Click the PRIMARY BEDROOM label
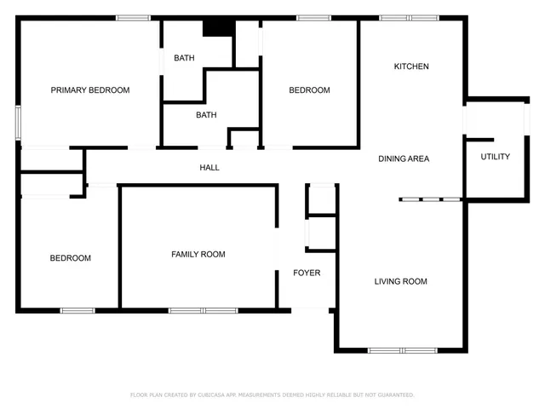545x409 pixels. (x=89, y=90)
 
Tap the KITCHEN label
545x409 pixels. (x=410, y=66)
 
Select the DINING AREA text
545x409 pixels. (x=404, y=158)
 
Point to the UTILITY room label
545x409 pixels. (x=495, y=157)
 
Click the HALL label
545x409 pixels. (x=209, y=168)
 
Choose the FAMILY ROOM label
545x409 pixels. (x=198, y=255)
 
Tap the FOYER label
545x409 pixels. (x=307, y=274)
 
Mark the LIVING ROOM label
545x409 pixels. (x=400, y=281)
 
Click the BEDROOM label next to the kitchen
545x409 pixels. (x=309, y=90)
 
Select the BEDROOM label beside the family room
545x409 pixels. (x=70, y=258)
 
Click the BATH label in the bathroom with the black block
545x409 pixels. (x=184, y=58)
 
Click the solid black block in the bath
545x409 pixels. (x=218, y=27)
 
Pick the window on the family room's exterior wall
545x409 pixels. (x=203, y=310)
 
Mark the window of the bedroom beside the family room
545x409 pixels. (x=77, y=310)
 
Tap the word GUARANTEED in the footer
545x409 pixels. (x=394, y=395)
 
